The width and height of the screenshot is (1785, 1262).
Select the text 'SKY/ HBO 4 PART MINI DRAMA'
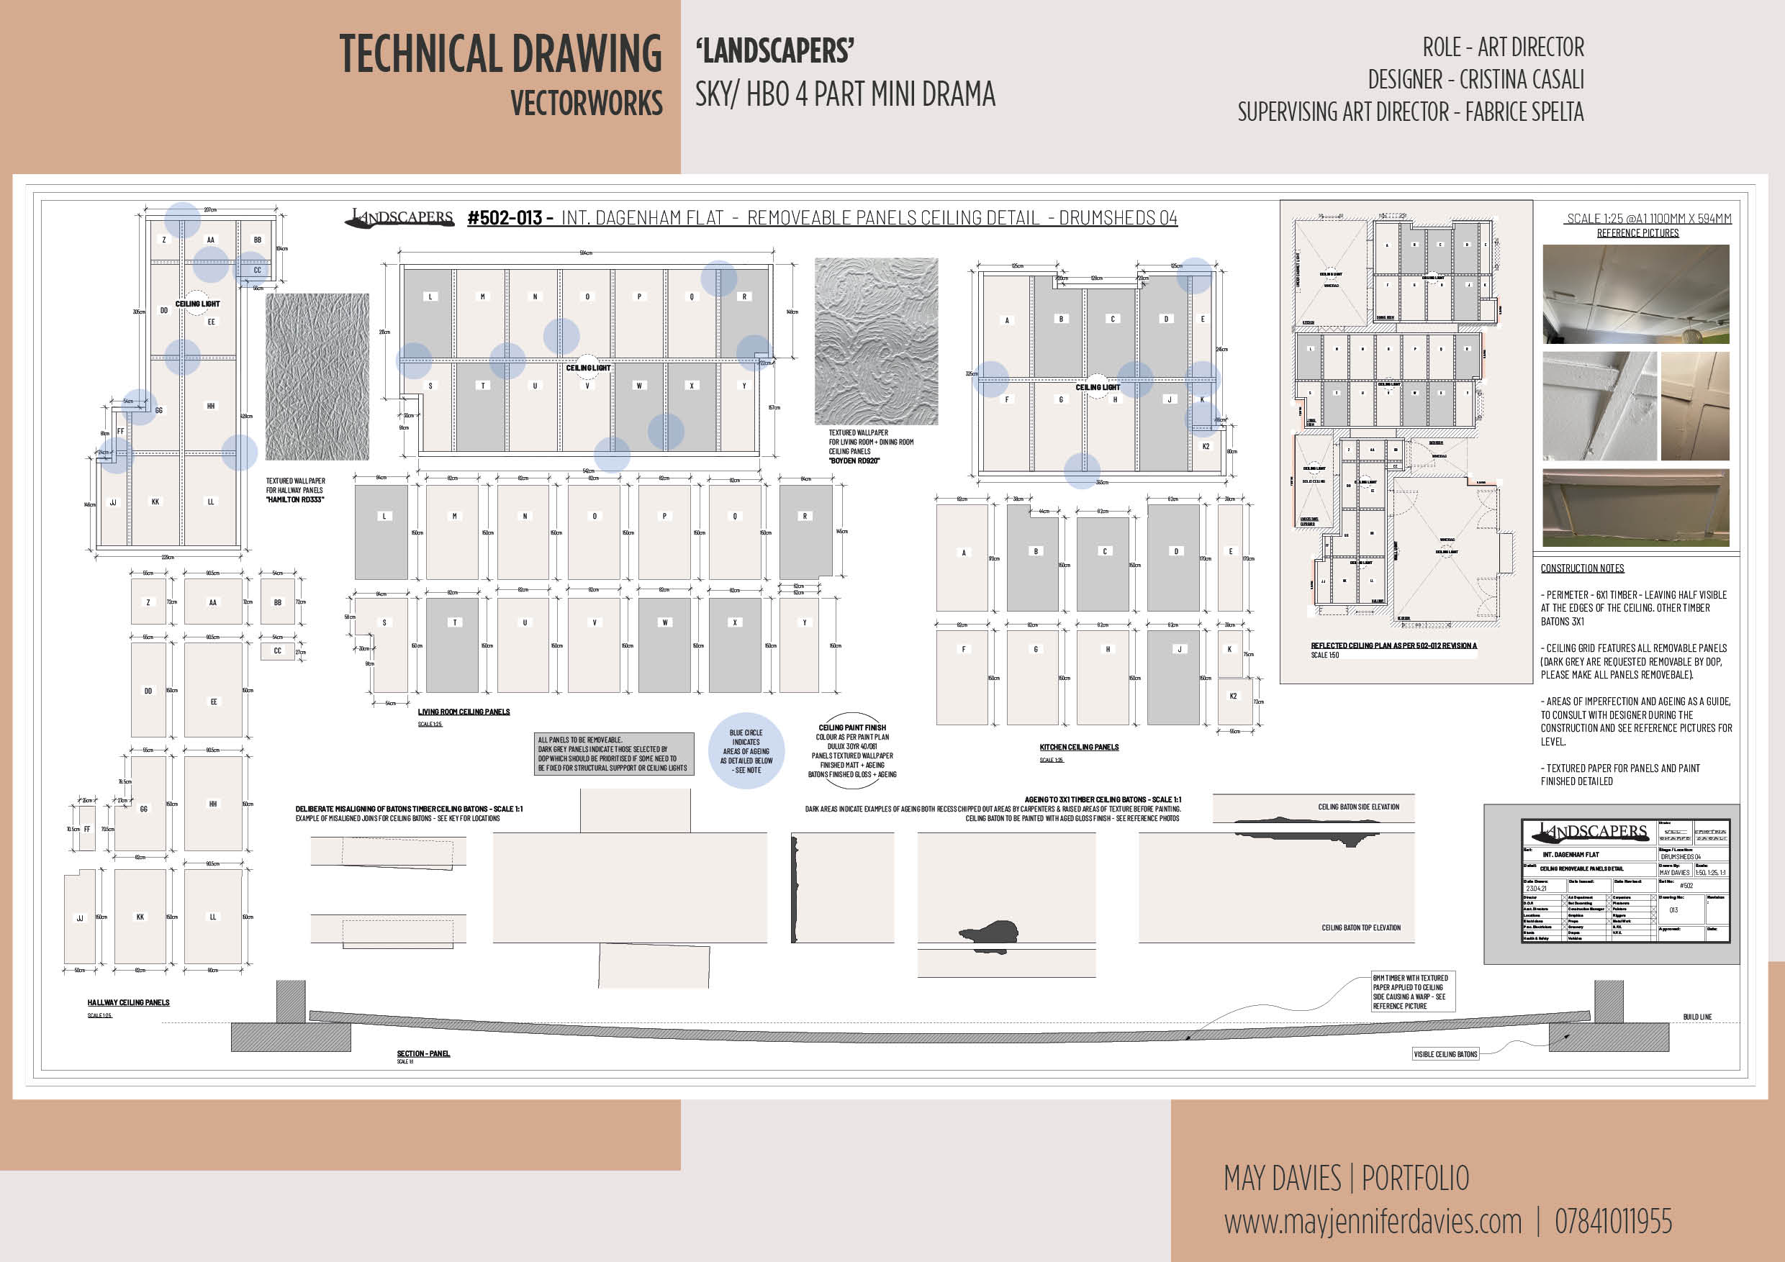point(845,95)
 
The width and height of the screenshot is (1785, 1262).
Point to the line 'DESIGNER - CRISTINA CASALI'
point(1475,79)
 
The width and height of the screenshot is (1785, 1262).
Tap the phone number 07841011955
point(1612,1221)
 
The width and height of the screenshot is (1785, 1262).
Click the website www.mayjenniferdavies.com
point(1372,1221)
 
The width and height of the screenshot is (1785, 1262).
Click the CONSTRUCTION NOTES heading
point(1582,568)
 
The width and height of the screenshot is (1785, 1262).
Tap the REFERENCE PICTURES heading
point(1637,233)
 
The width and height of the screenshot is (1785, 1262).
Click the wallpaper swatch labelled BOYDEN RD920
point(876,341)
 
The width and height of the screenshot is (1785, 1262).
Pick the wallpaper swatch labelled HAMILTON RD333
point(317,377)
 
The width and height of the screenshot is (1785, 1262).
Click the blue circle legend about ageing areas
point(746,750)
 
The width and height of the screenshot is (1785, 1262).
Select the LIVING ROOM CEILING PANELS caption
point(464,712)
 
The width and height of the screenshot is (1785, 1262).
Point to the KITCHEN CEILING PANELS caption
point(1079,747)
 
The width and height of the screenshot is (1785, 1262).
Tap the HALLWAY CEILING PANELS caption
point(128,1002)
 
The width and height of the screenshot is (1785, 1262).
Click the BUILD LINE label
point(1697,1017)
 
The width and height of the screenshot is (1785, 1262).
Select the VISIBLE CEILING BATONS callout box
point(1445,1054)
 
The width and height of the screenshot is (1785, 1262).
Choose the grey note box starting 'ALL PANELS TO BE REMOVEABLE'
point(613,754)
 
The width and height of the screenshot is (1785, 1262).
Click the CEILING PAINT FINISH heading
point(852,727)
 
